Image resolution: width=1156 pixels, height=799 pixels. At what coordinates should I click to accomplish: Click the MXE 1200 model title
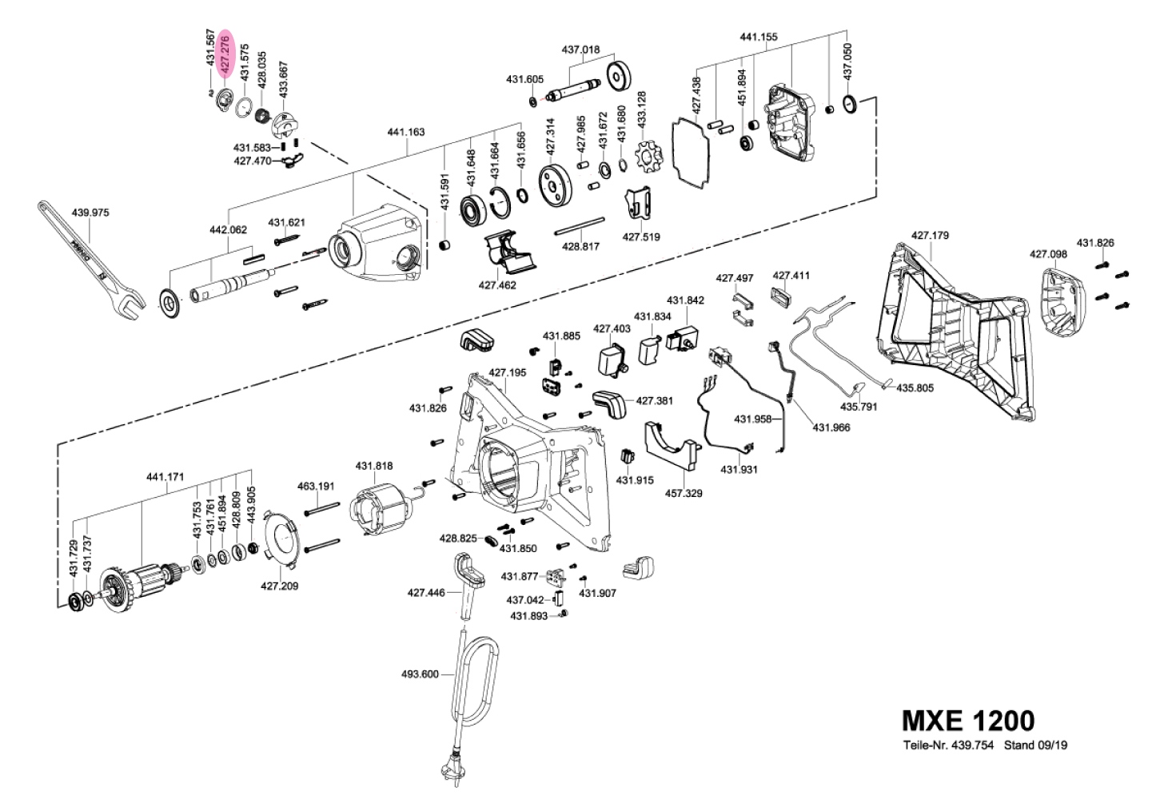967,721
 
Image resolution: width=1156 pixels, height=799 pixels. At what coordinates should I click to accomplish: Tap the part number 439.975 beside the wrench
90,213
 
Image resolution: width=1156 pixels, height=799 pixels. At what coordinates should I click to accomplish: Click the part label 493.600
419,674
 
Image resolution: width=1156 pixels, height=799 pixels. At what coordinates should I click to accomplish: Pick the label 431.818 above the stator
374,466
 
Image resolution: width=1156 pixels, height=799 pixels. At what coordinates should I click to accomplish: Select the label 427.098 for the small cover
1047,254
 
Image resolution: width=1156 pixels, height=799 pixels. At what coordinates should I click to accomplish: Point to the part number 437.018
580,50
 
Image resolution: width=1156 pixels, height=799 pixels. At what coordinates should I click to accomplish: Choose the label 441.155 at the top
759,37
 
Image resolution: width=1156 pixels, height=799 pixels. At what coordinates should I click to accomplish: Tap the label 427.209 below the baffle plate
279,586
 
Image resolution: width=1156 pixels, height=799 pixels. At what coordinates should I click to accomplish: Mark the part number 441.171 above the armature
165,477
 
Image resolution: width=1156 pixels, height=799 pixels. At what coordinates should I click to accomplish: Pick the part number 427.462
497,284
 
